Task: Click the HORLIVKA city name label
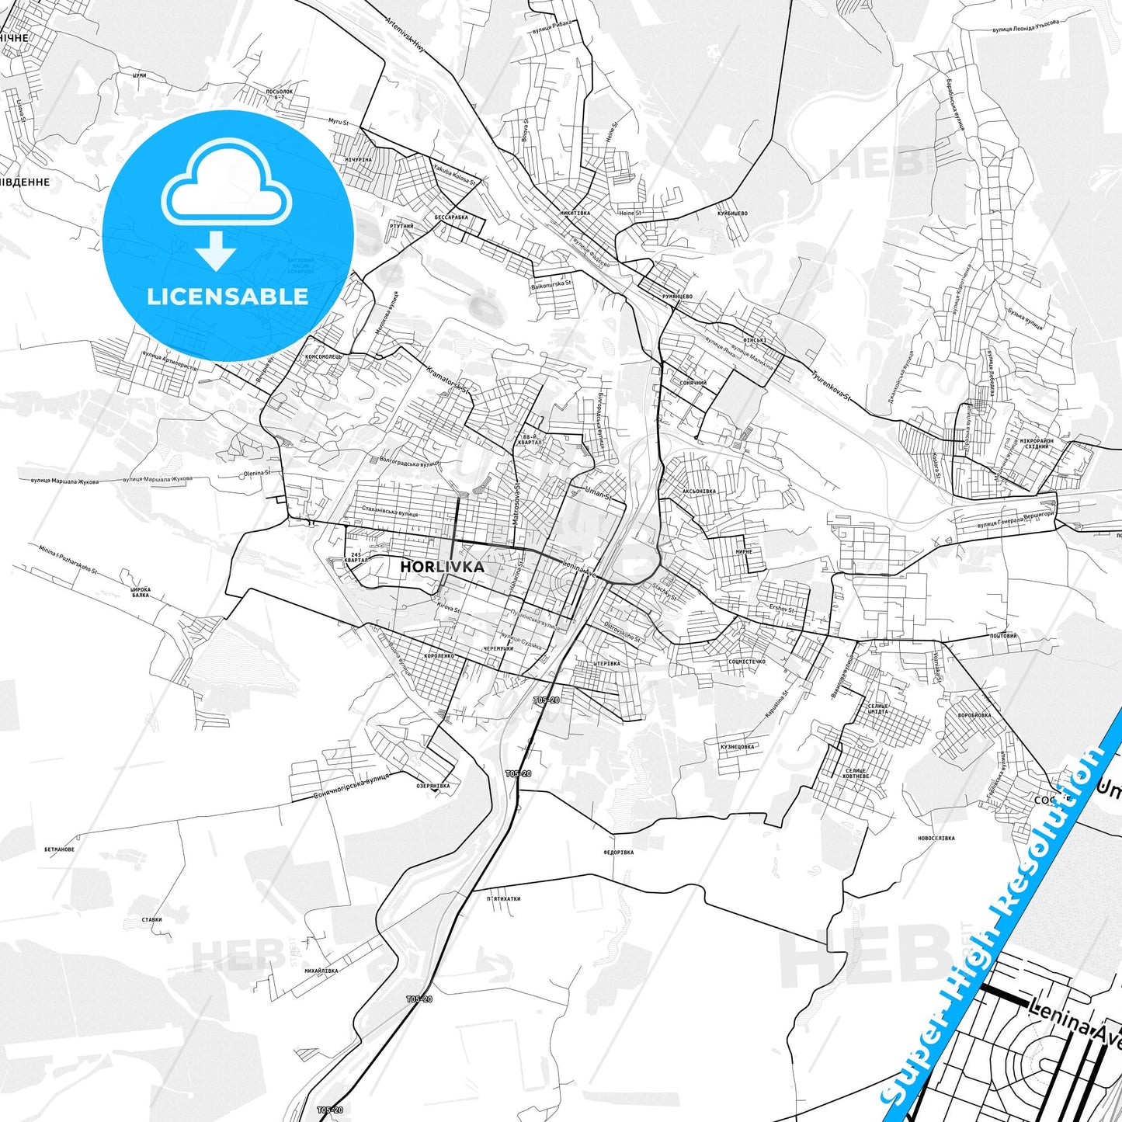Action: [x=442, y=567]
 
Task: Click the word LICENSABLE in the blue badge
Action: [x=228, y=297]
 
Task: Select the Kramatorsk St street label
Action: [x=449, y=378]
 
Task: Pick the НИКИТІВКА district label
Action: [x=575, y=213]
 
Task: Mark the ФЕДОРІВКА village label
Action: [x=618, y=853]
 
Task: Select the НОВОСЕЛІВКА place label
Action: [x=936, y=839]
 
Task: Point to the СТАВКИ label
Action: [x=152, y=919]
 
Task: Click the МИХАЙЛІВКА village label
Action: [x=321, y=971]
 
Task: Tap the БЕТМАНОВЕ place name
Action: [x=60, y=849]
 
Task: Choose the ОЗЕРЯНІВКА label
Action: [x=432, y=786]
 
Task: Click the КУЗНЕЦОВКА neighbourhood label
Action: [x=737, y=747]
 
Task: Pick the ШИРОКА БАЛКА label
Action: [x=141, y=592]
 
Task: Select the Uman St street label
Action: [x=598, y=492]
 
